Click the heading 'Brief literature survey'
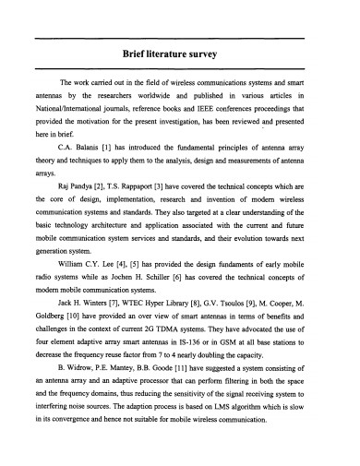click(x=179, y=54)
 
